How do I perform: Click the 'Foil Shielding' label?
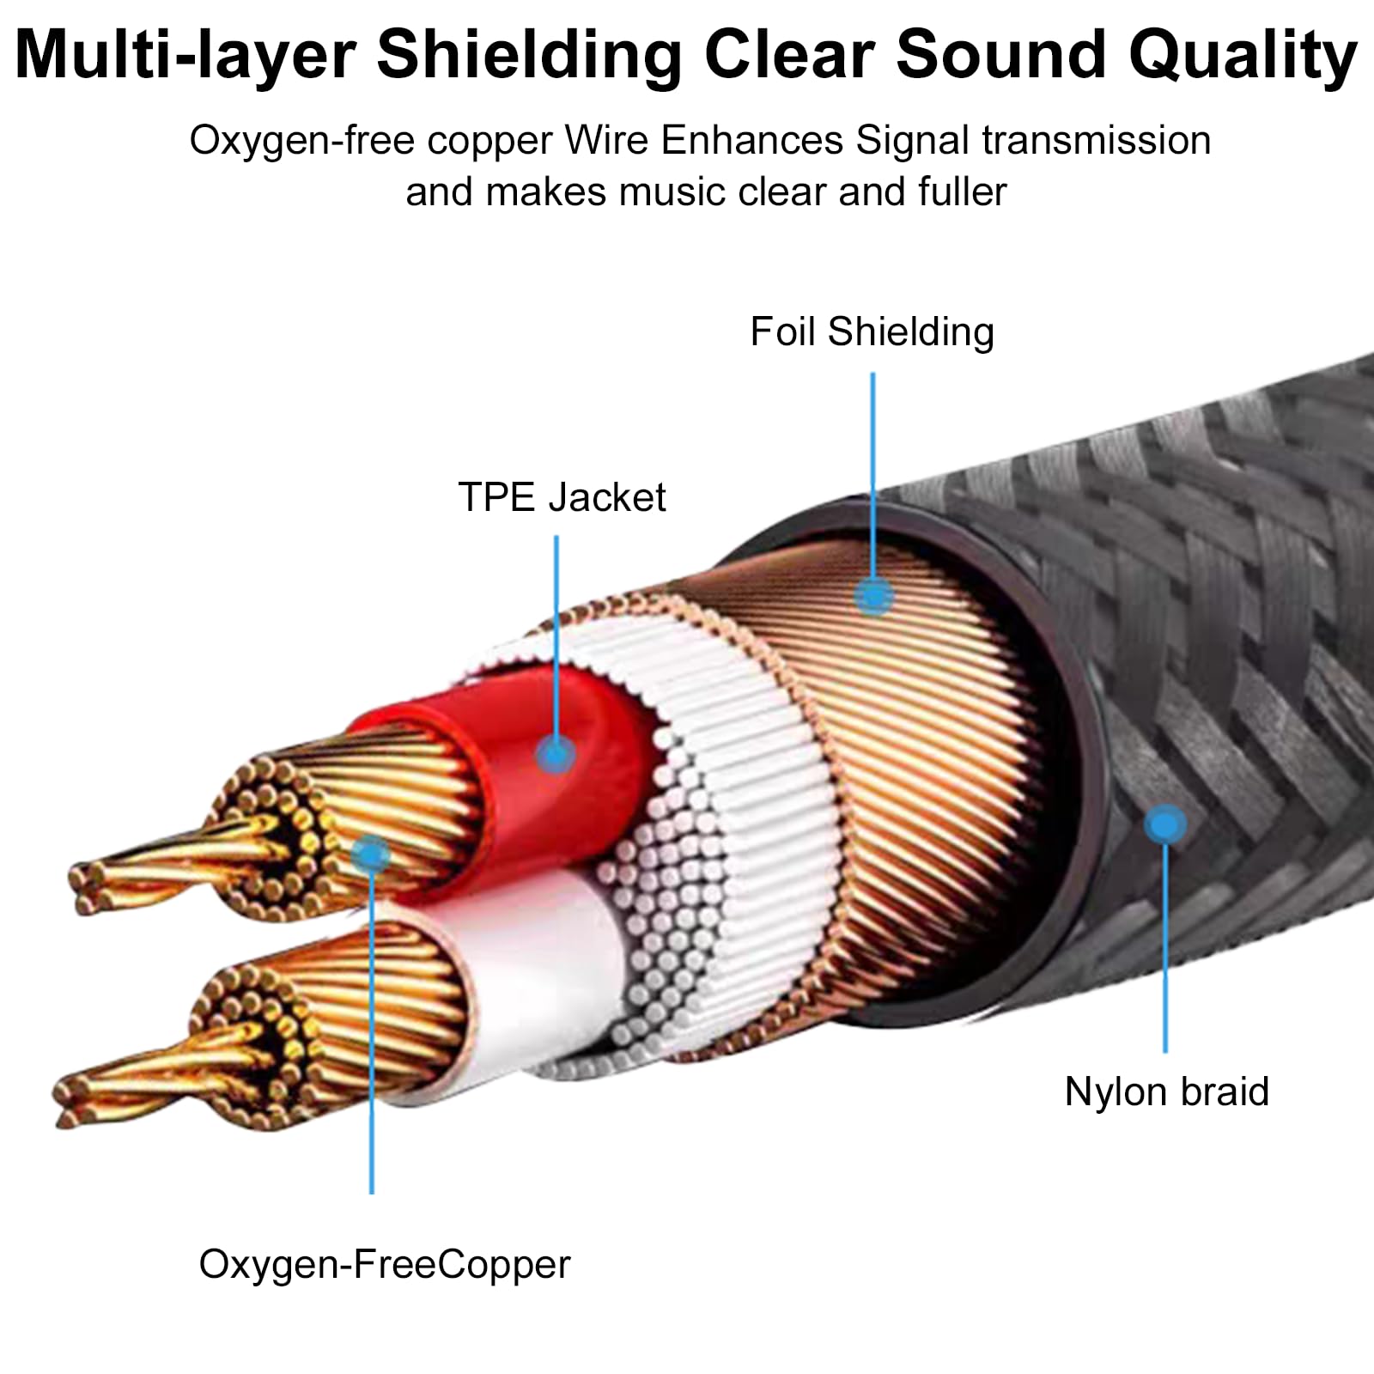pyautogui.click(x=872, y=332)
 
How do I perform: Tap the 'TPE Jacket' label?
pyautogui.click(x=562, y=497)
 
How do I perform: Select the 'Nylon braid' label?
pyautogui.click(x=1166, y=1092)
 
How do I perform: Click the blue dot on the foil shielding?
pyautogui.click(x=873, y=595)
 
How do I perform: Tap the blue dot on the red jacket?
pyautogui.click(x=556, y=756)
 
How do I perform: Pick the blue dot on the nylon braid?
pyautogui.click(x=1165, y=825)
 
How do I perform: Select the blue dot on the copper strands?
pyautogui.click(x=371, y=854)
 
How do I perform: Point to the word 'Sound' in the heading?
pyautogui.click(x=1001, y=55)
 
